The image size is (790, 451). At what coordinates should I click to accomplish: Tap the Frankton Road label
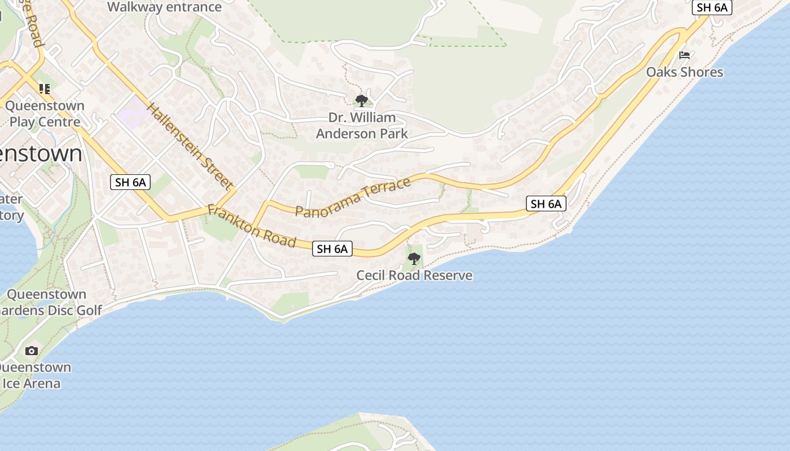tap(252, 225)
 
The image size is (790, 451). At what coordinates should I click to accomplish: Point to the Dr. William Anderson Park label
tap(362, 126)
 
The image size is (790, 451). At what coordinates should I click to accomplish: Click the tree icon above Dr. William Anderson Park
tap(361, 101)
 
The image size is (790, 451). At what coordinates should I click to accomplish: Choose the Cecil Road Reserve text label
tap(414, 276)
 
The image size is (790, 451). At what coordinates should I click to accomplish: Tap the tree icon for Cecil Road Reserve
tap(414, 259)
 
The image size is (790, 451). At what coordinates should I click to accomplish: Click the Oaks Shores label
tap(684, 72)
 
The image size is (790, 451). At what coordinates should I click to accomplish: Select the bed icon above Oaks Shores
tap(684, 55)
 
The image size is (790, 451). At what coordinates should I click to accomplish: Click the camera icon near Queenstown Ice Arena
tap(32, 351)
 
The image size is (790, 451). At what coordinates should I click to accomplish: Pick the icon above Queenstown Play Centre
tap(45, 89)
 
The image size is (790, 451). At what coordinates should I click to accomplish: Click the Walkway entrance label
tap(164, 7)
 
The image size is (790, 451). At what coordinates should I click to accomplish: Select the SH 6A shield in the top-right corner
tap(712, 7)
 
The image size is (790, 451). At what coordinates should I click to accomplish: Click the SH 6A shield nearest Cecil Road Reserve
tap(332, 249)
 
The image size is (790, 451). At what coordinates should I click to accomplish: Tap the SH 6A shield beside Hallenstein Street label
tap(130, 182)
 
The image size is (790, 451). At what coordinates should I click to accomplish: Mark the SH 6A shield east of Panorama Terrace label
tap(546, 204)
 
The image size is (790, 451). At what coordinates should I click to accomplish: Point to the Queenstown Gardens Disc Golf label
tap(51, 302)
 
